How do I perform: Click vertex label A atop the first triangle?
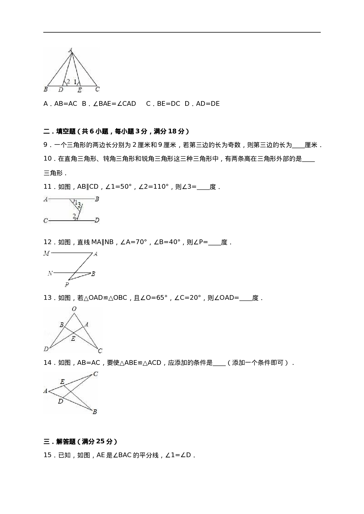click(x=70, y=50)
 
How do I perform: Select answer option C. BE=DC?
click(x=163, y=104)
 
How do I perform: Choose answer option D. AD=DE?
click(x=202, y=104)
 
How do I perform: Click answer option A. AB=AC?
click(x=60, y=104)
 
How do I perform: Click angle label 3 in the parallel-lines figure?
click(x=79, y=205)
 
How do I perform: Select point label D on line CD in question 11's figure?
click(x=97, y=220)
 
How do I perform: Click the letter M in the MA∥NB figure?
click(x=46, y=253)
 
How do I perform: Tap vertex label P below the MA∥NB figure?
click(x=67, y=285)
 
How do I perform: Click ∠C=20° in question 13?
click(x=188, y=298)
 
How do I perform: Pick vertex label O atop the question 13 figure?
click(x=74, y=309)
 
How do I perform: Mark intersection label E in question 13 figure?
click(x=73, y=339)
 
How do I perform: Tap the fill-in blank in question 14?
click(x=219, y=363)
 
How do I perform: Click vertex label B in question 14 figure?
click(x=95, y=412)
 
